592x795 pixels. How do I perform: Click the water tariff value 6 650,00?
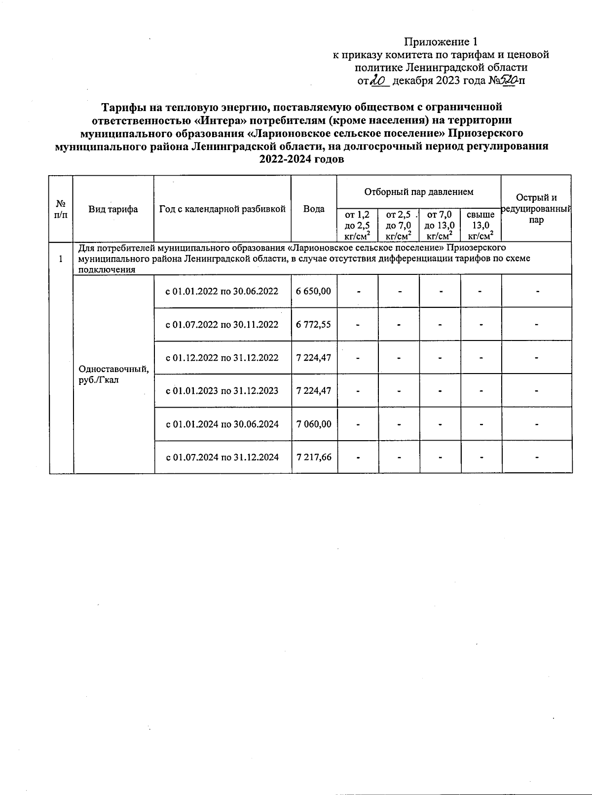tap(314, 291)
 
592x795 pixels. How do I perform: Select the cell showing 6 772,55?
tap(314, 324)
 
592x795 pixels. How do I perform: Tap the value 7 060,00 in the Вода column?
tap(314, 424)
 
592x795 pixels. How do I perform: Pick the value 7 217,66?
tap(314, 457)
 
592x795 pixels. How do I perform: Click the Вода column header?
tap(314, 209)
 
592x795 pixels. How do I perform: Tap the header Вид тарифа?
tap(113, 209)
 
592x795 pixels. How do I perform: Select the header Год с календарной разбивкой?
tap(222, 209)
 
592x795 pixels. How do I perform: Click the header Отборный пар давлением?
tap(418, 191)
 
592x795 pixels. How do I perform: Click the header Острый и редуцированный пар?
tap(536, 209)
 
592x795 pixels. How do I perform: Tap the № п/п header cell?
tap(61, 209)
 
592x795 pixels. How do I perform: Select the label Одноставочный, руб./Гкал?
tap(113, 374)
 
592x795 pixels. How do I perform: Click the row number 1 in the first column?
tap(61, 259)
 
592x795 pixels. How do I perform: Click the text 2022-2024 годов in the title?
tap(301, 160)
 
